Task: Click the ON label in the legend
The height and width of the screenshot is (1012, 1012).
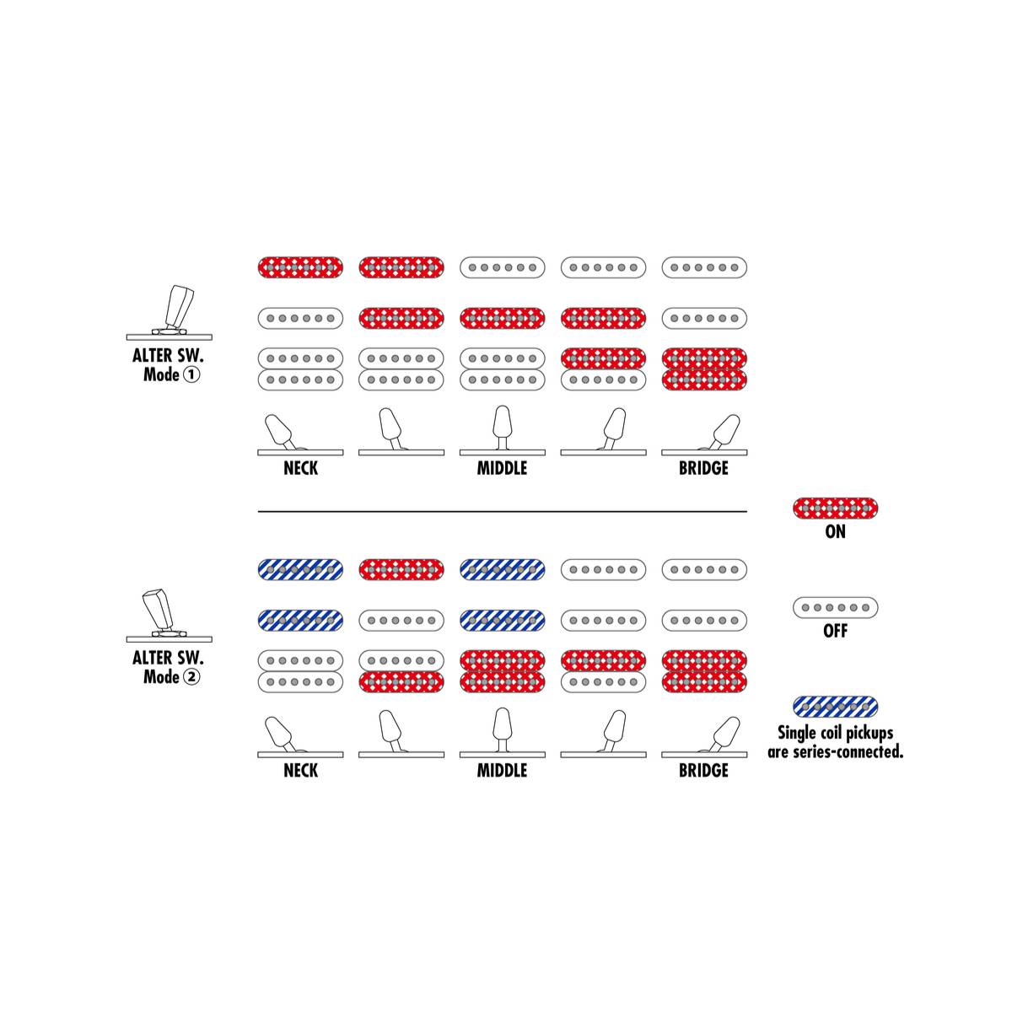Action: pos(835,531)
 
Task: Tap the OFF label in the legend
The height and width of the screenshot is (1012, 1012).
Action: pos(835,630)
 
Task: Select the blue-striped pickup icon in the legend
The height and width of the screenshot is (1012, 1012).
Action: pos(835,707)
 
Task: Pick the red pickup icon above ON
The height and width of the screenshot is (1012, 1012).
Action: pos(835,508)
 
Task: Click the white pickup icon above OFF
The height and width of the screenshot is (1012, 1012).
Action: pos(835,607)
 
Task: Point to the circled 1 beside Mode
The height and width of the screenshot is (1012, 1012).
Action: pos(191,374)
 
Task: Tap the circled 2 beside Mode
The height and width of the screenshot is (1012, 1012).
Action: pos(191,677)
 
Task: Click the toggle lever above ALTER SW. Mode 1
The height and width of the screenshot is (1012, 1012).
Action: pos(177,307)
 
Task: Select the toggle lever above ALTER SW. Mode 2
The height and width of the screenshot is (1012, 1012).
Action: pos(159,609)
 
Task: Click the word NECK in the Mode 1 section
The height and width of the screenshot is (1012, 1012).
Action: pos(300,468)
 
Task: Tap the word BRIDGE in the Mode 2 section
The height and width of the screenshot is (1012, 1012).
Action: pos(703,771)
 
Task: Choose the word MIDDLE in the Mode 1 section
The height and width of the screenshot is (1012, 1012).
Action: pos(502,468)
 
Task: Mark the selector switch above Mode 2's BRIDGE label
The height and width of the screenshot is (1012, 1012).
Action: pos(703,735)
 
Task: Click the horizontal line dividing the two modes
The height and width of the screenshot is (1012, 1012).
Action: pos(502,511)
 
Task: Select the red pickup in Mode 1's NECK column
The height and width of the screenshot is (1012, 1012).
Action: pos(300,267)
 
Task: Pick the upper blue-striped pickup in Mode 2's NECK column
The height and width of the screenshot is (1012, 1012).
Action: pos(300,569)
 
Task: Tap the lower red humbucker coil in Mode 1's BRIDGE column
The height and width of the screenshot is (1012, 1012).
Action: pos(704,379)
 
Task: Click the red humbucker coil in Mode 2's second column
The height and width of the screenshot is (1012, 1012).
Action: pos(401,682)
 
